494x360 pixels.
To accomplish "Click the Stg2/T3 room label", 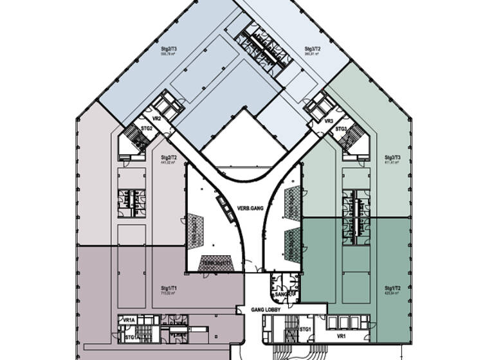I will click(169, 49).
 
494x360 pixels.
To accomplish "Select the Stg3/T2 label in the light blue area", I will click(313, 49).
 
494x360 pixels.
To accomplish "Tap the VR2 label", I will click(156, 119).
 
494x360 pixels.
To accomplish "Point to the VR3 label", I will click(328, 121).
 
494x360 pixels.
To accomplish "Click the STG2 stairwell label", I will click(147, 129).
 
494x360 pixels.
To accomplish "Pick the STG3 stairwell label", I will click(342, 129).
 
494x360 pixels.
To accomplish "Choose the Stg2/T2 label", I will click(169, 157).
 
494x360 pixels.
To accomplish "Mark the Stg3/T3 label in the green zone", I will click(392, 157).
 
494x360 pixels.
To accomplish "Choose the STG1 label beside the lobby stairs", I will click(306, 330).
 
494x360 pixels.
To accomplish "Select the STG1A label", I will click(130, 336).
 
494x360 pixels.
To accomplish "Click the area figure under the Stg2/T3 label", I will click(169, 55).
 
